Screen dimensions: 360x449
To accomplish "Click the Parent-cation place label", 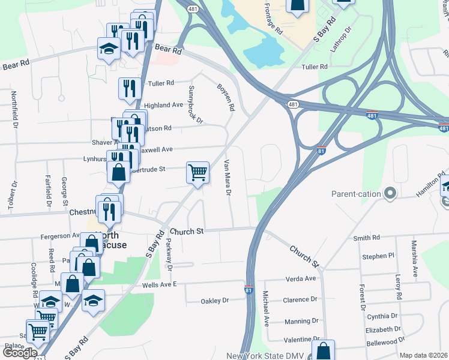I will click(x=357, y=194).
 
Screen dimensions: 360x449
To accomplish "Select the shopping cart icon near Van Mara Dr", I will click(x=197, y=173).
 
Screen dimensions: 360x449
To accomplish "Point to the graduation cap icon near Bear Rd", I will click(x=109, y=49).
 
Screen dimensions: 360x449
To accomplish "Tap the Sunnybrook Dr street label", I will click(x=196, y=104).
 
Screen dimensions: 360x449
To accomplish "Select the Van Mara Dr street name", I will click(x=228, y=178).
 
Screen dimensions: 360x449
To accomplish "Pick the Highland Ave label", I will click(x=163, y=105).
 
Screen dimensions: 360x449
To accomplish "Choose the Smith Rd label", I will click(x=367, y=238).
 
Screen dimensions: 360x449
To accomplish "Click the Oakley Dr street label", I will click(x=215, y=301).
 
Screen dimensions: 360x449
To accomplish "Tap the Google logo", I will click(x=19, y=353).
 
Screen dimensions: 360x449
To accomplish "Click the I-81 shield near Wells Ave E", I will click(x=249, y=290).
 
